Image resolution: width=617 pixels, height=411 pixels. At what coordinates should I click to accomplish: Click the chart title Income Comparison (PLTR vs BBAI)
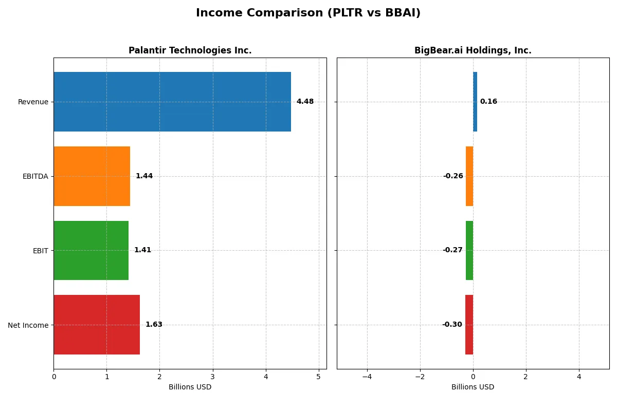pyautogui.click(x=308, y=13)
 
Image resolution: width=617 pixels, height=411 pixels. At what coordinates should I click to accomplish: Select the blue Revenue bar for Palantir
pyautogui.click(x=172, y=102)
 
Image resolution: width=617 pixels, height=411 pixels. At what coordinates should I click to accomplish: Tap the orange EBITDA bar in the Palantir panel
pyautogui.click(x=92, y=176)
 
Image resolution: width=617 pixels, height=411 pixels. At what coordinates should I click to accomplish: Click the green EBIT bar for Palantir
pyautogui.click(x=91, y=250)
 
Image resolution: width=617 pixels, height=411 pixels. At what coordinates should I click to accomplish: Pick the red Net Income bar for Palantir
pyautogui.click(x=97, y=325)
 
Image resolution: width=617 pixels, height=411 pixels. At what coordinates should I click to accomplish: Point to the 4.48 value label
pyautogui.click(x=305, y=102)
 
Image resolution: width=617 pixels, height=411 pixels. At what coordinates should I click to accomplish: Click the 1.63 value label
pyautogui.click(x=154, y=325)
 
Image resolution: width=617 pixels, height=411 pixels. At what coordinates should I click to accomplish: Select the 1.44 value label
pyautogui.click(x=144, y=176)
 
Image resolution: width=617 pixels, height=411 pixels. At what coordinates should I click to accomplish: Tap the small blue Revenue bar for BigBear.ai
pyautogui.click(x=475, y=102)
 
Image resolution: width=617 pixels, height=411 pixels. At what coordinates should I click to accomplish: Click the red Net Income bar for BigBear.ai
pyautogui.click(x=469, y=325)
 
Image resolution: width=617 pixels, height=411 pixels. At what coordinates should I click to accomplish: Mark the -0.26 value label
pyautogui.click(x=453, y=176)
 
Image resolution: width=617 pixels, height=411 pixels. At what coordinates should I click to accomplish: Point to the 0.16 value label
pyautogui.click(x=488, y=102)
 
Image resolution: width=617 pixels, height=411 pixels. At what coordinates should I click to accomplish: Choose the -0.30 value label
pyautogui.click(x=452, y=325)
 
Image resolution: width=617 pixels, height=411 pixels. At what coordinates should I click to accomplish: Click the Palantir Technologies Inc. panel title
pyautogui.click(x=190, y=51)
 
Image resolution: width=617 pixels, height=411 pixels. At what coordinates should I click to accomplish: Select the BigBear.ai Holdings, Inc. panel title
pyautogui.click(x=473, y=51)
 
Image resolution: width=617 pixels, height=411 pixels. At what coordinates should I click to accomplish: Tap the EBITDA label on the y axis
pyautogui.click(x=35, y=177)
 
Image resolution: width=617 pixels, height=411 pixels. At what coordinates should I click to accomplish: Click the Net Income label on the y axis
pyautogui.click(x=28, y=325)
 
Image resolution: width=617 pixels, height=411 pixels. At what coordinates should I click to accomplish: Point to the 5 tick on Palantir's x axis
pyautogui.click(x=318, y=377)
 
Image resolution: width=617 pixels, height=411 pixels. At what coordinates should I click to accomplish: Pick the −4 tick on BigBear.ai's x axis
pyautogui.click(x=367, y=377)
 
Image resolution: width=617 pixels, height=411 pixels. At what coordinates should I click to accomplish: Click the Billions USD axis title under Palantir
pyautogui.click(x=190, y=387)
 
